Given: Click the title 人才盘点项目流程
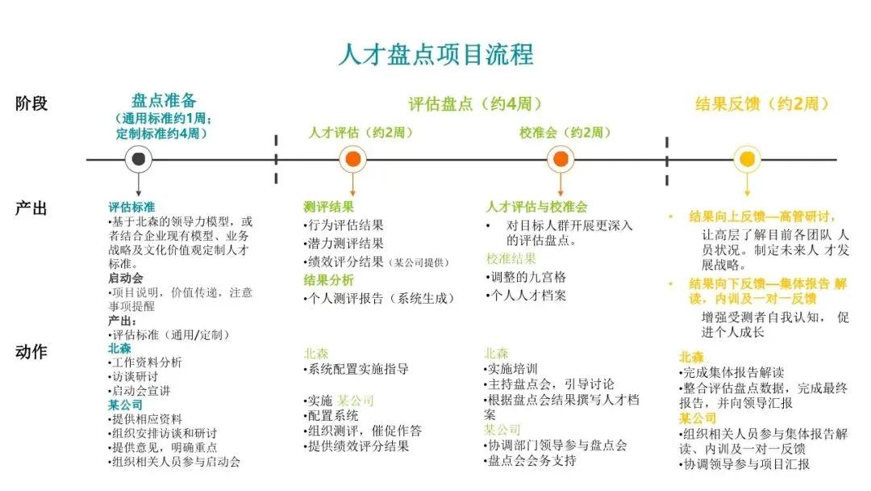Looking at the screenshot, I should (435, 54).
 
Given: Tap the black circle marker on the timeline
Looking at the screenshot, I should (140, 159).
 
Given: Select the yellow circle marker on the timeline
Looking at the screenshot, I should (747, 159).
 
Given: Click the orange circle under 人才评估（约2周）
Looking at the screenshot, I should (352, 159).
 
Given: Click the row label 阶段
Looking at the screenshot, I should (31, 103).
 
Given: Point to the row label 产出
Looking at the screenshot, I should (31, 208).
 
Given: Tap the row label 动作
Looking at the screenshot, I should (31, 352).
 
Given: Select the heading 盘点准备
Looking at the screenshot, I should (164, 101).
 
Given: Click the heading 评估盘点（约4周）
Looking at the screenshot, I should (475, 104).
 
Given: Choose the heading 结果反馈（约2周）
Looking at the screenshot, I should (762, 104).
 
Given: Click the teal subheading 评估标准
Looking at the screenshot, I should (133, 206).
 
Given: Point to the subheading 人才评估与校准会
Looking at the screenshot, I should (536, 207).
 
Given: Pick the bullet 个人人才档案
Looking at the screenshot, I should (528, 296).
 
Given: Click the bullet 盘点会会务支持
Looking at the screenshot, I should (533, 461).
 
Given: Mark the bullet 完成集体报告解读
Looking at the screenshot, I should (733, 373).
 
